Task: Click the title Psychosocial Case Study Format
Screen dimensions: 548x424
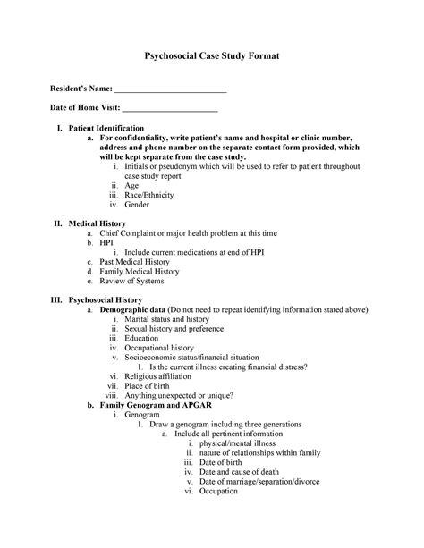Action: click(212, 56)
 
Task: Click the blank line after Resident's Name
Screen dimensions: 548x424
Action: click(171, 91)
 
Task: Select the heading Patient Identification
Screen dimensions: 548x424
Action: click(106, 130)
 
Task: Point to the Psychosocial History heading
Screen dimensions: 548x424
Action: click(106, 300)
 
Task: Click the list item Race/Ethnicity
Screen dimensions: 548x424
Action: click(149, 195)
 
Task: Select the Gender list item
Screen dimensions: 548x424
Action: click(137, 205)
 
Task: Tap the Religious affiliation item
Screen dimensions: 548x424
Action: click(159, 377)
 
